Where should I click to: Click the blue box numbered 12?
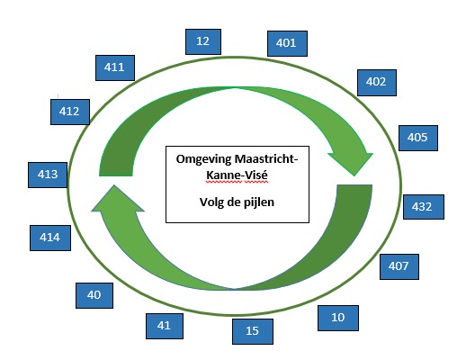pos(203,41)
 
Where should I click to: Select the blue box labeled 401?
pos(287,43)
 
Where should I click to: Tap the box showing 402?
pos(377,83)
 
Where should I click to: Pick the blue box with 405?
pos(418,138)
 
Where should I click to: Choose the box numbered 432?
pos(424,207)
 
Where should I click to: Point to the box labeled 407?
pos(399,266)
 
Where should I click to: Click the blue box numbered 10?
pos(338,318)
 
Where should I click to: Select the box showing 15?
pos(253,331)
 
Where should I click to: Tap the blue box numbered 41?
pos(165,326)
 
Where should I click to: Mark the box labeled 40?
pos(94,296)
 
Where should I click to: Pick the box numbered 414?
pos(50,238)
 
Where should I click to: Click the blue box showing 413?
pos(48,175)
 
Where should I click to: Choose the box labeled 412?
pos(70,112)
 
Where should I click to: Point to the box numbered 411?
pos(115,67)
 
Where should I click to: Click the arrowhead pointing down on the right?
pos(351,163)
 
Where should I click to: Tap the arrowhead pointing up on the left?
pos(117,199)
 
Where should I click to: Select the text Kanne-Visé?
pos(237,175)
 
